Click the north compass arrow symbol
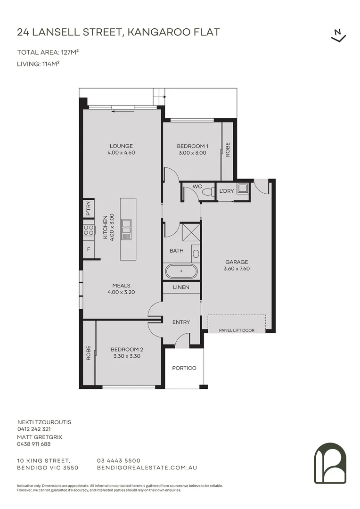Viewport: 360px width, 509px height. coord(339,35)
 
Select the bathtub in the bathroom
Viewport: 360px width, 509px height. coord(181,271)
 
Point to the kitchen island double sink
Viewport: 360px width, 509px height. coord(126,230)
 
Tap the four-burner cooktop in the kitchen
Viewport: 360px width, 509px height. coord(89,230)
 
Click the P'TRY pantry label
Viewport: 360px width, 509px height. coord(89,208)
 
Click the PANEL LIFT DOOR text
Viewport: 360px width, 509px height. coord(237,330)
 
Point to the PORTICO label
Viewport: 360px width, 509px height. coord(184,368)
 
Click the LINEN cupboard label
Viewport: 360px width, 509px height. coord(181,287)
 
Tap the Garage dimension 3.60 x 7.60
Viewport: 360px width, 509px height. coord(237,269)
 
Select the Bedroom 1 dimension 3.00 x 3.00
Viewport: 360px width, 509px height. coord(192,153)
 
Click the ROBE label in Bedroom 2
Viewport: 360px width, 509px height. coord(88,353)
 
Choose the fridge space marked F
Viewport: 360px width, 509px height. coord(88,249)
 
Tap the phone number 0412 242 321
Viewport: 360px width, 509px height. coord(34,429)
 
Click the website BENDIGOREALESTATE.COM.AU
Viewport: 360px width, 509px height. coord(147,468)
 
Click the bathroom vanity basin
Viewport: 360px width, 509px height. coord(196,254)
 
